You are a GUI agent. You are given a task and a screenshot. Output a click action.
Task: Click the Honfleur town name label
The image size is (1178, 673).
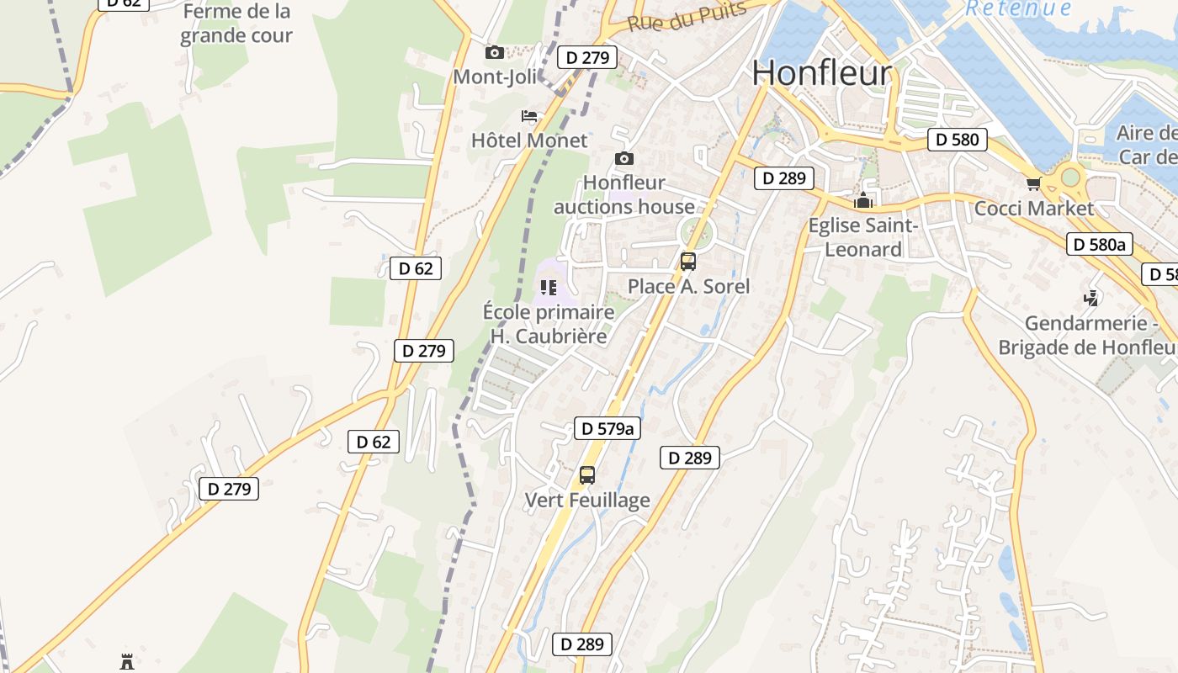pyautogui.click(x=821, y=73)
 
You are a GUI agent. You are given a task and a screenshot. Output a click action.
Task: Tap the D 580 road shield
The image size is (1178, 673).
pyautogui.click(x=958, y=140)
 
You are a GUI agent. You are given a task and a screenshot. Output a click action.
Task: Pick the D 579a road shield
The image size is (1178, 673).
pyautogui.click(x=607, y=428)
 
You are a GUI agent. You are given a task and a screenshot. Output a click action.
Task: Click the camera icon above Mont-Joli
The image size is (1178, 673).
pyautogui.click(x=495, y=53)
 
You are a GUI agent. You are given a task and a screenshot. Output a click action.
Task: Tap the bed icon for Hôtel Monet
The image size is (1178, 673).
pyautogui.click(x=529, y=116)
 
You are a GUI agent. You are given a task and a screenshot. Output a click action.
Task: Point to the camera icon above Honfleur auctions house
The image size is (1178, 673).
pyautogui.click(x=624, y=158)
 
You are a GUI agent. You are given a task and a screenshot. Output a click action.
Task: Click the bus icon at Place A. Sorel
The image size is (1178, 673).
pyautogui.click(x=688, y=262)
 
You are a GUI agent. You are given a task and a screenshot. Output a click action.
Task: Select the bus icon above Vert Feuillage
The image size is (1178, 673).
pyautogui.click(x=587, y=475)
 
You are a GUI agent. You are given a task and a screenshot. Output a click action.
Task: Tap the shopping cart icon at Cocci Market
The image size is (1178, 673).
pyautogui.click(x=1033, y=183)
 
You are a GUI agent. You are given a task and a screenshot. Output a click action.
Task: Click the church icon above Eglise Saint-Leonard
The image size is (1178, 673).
pyautogui.click(x=862, y=201)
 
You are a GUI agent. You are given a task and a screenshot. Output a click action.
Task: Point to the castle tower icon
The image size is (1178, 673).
pyautogui.click(x=127, y=661)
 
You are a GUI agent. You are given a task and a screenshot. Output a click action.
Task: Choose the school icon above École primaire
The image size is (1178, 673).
pyautogui.click(x=549, y=289)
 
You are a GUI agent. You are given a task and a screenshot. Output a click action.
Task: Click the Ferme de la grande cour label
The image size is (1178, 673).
pyautogui.click(x=236, y=24)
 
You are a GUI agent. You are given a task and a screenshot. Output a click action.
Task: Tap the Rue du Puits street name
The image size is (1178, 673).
pyautogui.click(x=687, y=16)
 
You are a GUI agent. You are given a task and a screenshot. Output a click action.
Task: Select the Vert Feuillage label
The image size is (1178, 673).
pyautogui.click(x=587, y=501)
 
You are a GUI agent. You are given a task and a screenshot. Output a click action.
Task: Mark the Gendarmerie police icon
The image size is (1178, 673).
pyautogui.click(x=1091, y=298)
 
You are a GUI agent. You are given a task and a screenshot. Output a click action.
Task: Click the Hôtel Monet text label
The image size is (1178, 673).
pyautogui.click(x=529, y=140)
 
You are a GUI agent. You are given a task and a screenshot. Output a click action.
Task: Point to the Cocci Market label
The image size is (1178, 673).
pyautogui.click(x=1033, y=209)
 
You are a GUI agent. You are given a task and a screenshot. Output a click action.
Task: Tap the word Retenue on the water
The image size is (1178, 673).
pyautogui.click(x=1018, y=8)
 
